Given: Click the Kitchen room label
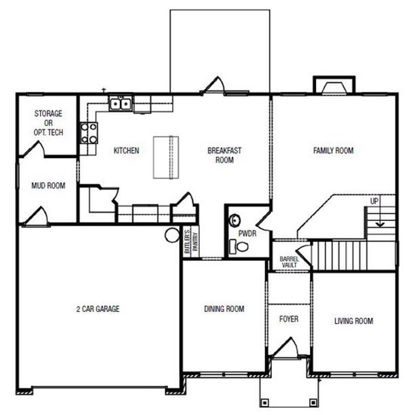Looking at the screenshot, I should click(x=126, y=151).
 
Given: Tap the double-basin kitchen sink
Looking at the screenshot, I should click(x=121, y=103).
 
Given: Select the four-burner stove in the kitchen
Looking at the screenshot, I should click(x=89, y=133).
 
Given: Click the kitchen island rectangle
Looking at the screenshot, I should click(x=166, y=158).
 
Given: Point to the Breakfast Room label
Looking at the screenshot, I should click(x=224, y=155).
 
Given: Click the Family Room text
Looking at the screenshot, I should click(x=333, y=151).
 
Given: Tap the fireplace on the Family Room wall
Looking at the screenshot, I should click(x=334, y=87).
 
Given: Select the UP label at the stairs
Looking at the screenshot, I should click(x=374, y=201).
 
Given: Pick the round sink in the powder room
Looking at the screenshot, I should click(x=235, y=220).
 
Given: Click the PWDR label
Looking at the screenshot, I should click(x=247, y=234).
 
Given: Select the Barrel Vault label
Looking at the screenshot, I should click(x=289, y=262).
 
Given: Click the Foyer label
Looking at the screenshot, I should click(x=289, y=319).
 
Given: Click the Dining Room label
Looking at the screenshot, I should click(x=224, y=309).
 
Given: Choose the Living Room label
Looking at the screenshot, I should click(x=354, y=321).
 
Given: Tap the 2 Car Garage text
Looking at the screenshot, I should click(x=98, y=309).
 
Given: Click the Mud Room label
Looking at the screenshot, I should click(x=48, y=186).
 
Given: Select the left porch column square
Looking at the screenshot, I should click(x=264, y=402).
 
